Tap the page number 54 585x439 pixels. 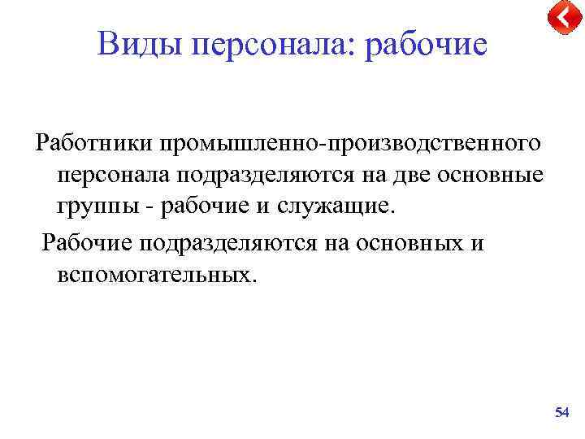click(561, 414)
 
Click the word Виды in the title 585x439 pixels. click(140, 44)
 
